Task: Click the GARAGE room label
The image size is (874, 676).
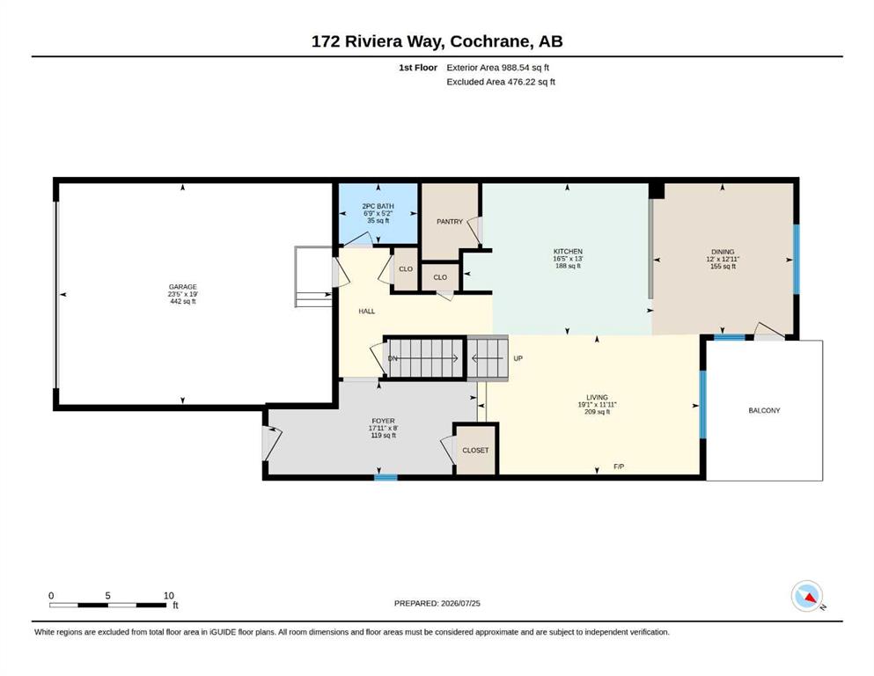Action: click(x=183, y=287)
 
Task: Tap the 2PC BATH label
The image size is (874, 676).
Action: click(x=378, y=206)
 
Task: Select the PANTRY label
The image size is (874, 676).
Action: click(x=449, y=222)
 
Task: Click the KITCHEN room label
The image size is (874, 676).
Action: click(x=568, y=252)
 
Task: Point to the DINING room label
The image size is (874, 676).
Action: click(x=723, y=252)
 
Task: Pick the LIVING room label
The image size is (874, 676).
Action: click(x=597, y=398)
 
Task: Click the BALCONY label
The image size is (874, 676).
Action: click(x=764, y=411)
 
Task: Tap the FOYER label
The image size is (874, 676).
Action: click(x=383, y=422)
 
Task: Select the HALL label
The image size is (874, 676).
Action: click(x=367, y=312)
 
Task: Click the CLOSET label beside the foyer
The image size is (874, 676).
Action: click(x=475, y=451)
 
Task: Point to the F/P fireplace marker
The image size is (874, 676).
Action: click(x=618, y=467)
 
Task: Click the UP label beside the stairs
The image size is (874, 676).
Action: click(x=518, y=358)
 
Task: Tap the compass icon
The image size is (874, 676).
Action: click(x=807, y=596)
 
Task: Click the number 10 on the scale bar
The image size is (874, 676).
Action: click(x=169, y=596)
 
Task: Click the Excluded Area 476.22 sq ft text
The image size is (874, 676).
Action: click(x=501, y=82)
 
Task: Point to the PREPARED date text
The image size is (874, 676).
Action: click(x=437, y=603)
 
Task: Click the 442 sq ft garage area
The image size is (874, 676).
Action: click(x=183, y=302)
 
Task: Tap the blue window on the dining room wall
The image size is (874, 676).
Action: click(x=796, y=259)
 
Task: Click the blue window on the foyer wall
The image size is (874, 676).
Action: click(x=386, y=477)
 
